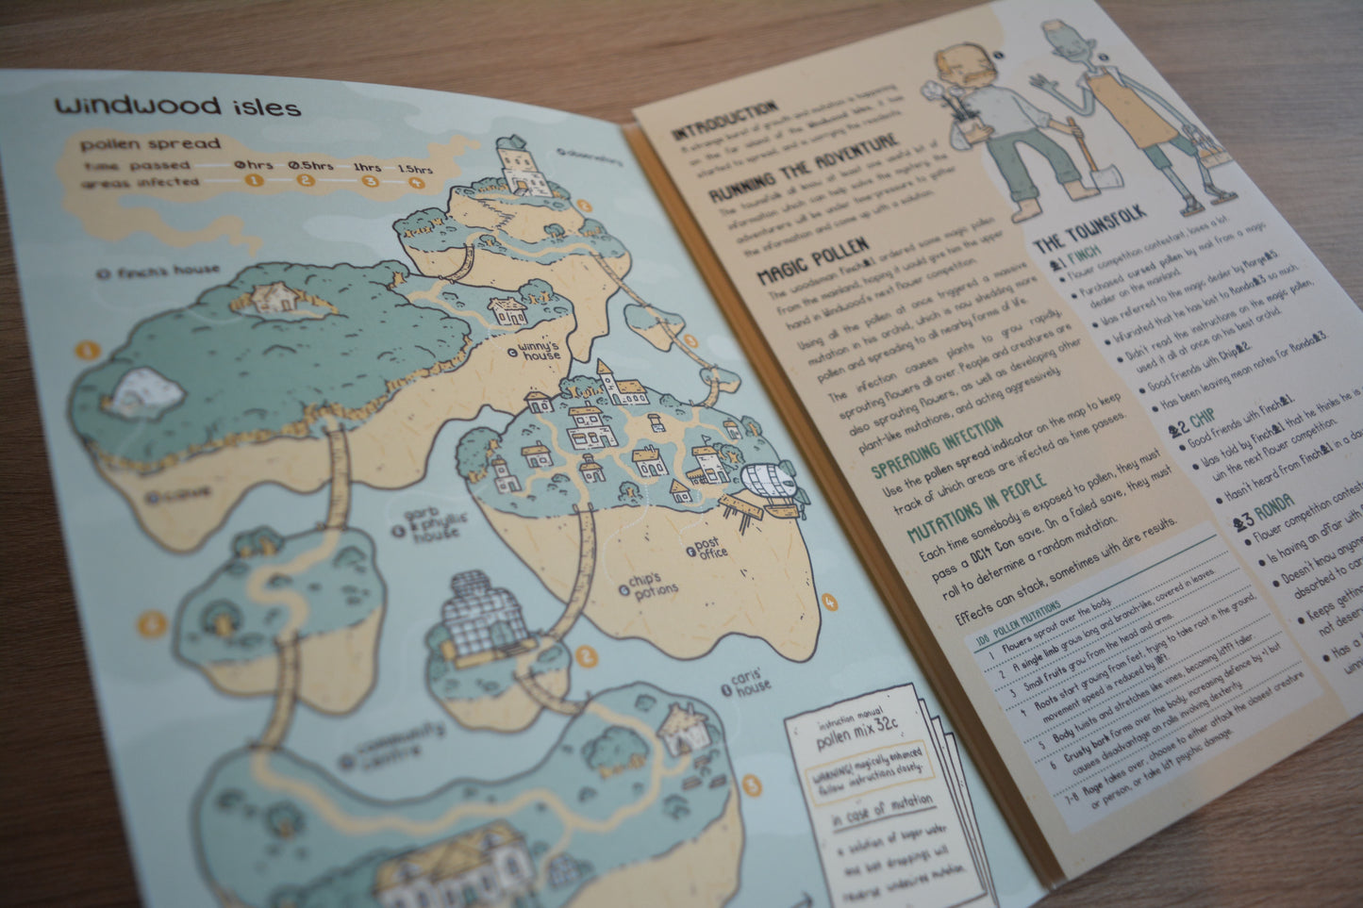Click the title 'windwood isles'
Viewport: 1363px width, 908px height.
pyautogui.click(x=177, y=107)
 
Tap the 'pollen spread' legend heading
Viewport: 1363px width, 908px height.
pyautogui.click(x=151, y=144)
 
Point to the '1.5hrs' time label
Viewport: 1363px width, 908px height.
pyautogui.click(x=415, y=169)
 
